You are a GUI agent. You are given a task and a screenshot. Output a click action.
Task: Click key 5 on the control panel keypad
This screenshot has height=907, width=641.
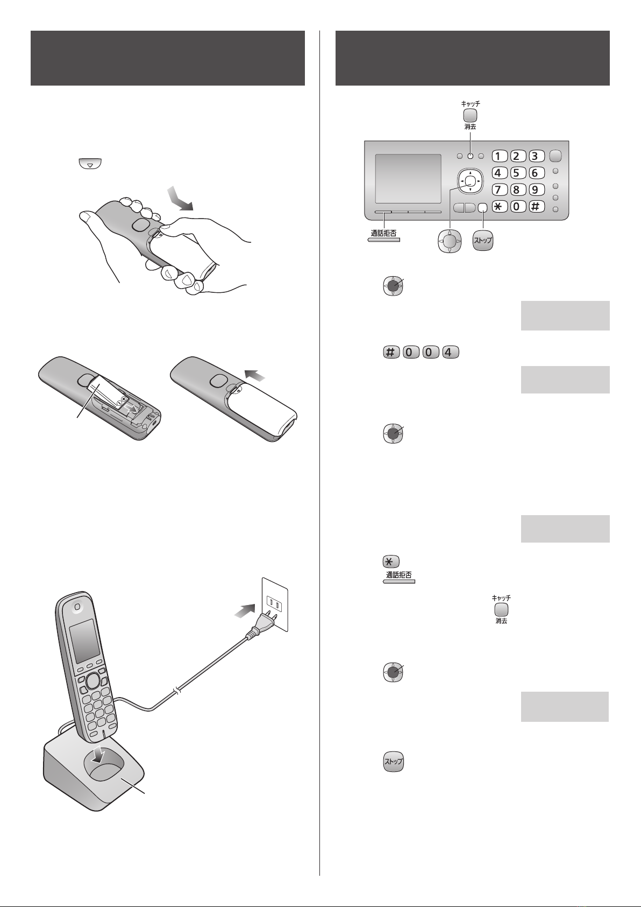point(516,173)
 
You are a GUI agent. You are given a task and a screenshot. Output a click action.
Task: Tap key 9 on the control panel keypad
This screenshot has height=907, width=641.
point(535,189)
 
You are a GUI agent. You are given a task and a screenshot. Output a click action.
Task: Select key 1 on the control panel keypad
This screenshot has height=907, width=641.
point(500,156)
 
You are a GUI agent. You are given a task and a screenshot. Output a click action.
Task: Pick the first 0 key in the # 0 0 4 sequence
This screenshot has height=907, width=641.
point(410,352)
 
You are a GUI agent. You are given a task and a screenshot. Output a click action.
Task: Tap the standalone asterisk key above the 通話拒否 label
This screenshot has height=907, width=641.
point(390,561)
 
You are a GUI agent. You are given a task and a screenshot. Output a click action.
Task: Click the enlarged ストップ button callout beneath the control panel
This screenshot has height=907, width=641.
point(483,240)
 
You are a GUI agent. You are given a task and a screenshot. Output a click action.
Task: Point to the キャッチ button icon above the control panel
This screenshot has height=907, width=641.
point(470,115)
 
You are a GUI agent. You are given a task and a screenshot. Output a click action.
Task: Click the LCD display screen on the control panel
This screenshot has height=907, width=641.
point(408,179)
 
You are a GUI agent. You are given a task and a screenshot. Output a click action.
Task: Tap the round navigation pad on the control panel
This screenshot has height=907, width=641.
point(470,180)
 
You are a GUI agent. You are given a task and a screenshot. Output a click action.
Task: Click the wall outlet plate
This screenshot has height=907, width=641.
point(275,604)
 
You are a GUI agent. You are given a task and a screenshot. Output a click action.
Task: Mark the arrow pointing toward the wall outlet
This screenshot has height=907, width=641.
point(245,610)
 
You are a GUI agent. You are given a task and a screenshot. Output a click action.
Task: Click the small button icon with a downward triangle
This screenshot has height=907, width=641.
point(90,164)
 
